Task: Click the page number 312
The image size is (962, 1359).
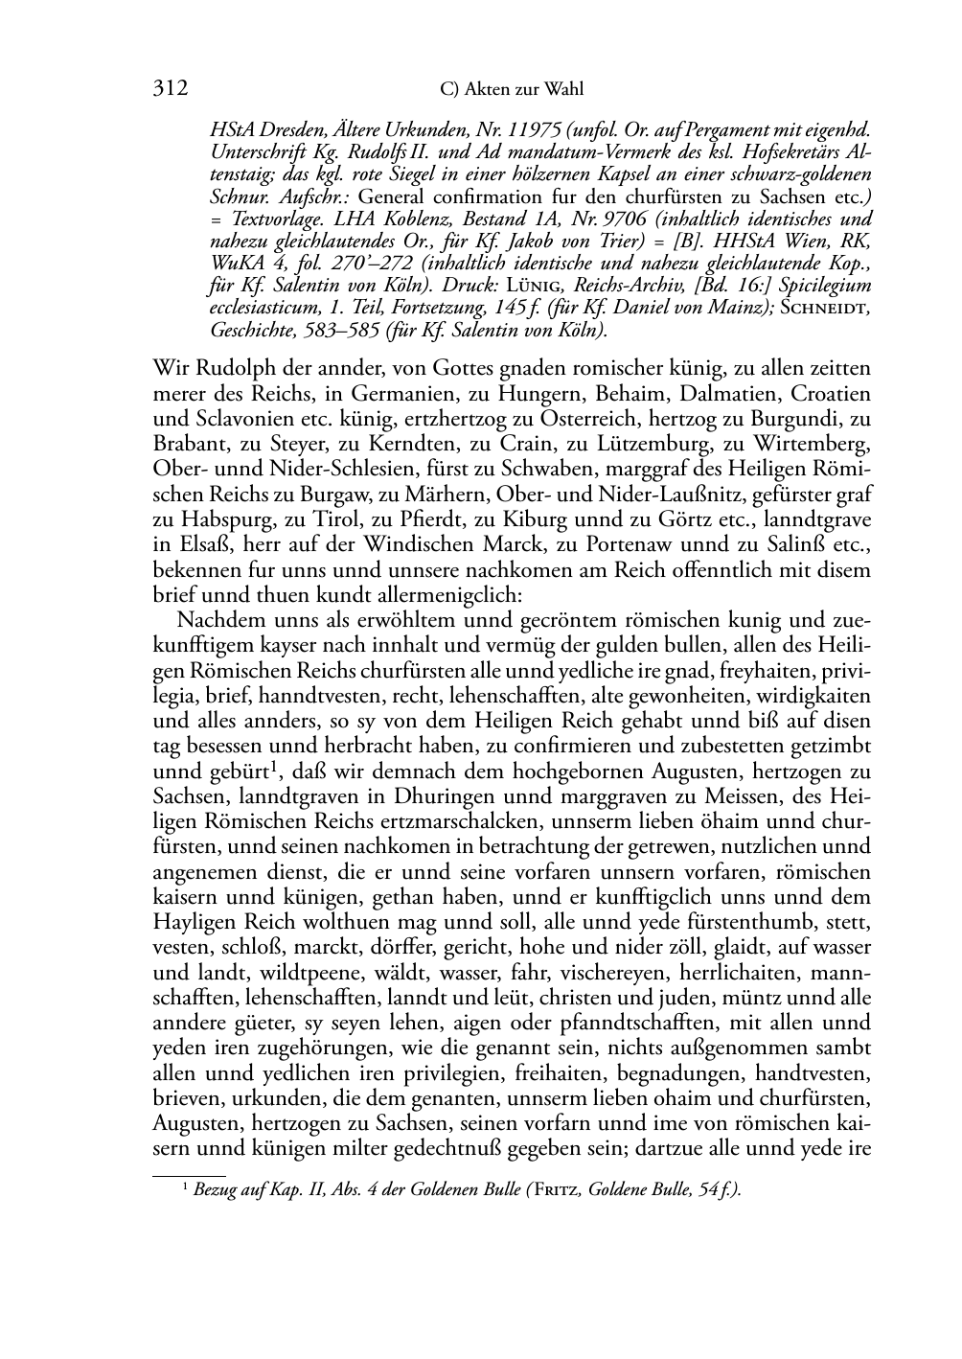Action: [170, 89]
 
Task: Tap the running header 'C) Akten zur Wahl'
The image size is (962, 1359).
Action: [511, 90]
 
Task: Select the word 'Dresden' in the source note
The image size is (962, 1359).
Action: [285, 129]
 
